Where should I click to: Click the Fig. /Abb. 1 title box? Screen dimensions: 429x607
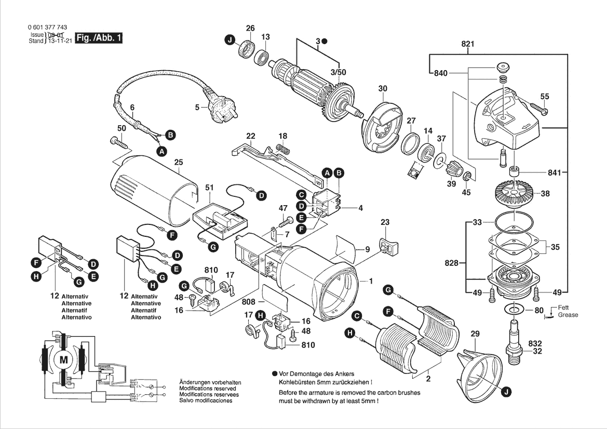pos(99,38)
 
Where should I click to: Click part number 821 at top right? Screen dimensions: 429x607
pos(468,44)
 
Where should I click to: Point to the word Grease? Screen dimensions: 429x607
pos(568,315)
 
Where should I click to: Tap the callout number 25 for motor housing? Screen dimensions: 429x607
pos(179,163)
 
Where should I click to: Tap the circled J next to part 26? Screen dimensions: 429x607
pos(230,39)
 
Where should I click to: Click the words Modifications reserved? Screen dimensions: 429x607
pos(207,388)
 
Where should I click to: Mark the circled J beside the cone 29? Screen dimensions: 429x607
pos(505,393)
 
